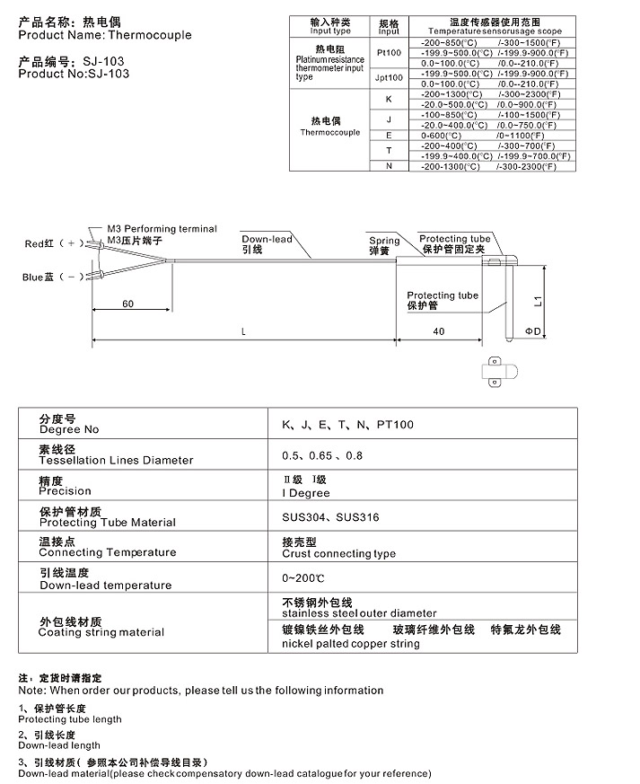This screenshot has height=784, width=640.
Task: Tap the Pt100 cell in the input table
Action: point(389,53)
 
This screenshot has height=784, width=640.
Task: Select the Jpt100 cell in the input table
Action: point(389,78)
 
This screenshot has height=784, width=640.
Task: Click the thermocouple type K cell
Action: point(389,98)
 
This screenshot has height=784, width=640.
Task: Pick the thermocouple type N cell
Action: point(389,165)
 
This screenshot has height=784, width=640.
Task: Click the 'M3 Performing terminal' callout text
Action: point(162,229)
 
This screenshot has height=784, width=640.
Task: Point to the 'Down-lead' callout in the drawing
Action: point(267,240)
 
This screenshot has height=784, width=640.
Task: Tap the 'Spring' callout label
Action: point(384,241)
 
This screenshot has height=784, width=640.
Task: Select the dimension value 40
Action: point(438,331)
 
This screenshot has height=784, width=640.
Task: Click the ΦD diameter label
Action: point(533,331)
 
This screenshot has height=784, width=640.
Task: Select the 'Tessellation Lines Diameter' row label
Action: point(116,460)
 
